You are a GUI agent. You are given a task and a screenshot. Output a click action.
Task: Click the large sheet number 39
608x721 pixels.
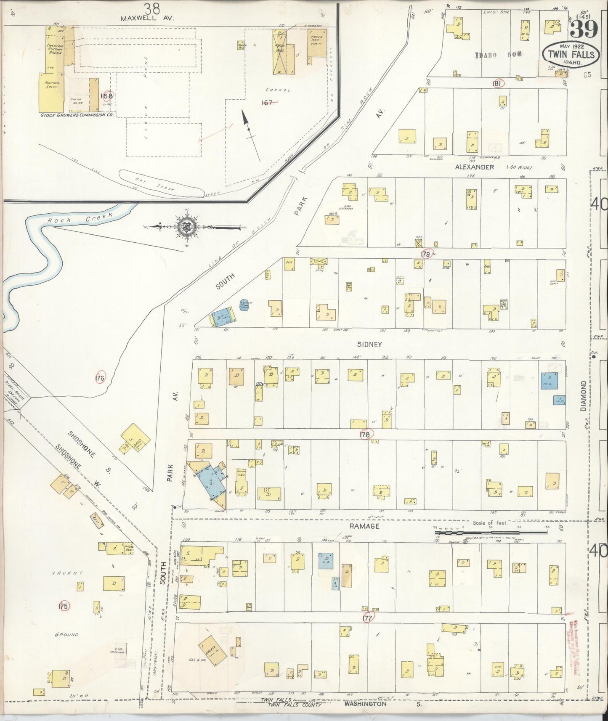585,31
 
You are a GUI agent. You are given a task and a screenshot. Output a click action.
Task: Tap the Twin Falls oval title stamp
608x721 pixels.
571,54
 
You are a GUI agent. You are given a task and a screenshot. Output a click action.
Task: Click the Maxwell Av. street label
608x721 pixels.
141,19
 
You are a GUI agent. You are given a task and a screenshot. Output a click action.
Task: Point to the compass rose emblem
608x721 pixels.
185,227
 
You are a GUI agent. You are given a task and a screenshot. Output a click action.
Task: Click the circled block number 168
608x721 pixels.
106,95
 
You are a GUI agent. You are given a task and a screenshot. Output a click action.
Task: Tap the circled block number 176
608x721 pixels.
100,377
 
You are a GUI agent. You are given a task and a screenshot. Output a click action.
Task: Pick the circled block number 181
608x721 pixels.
497,83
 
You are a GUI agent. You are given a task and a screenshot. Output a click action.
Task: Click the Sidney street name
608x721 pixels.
369,344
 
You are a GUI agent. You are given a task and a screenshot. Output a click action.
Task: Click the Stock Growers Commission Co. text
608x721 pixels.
76,114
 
